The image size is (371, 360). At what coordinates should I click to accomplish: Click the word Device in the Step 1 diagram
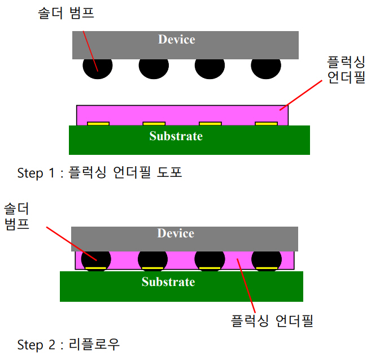click(x=176, y=40)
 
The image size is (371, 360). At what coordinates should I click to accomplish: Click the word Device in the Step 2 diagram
click(x=176, y=233)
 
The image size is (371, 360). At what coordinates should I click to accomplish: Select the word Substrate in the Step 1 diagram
click(x=176, y=136)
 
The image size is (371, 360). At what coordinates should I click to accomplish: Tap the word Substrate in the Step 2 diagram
click(x=168, y=282)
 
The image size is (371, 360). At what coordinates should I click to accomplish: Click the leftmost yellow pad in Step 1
click(x=98, y=123)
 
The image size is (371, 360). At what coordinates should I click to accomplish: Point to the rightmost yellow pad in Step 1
click(x=266, y=123)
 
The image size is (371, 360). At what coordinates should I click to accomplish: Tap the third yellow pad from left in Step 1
click(x=210, y=123)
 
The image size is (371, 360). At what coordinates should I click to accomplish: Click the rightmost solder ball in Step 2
click(x=265, y=259)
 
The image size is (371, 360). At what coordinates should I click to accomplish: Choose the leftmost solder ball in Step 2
click(x=96, y=259)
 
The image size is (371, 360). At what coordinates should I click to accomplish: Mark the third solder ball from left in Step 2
click(x=209, y=259)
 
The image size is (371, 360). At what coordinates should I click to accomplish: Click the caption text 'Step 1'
click(x=38, y=173)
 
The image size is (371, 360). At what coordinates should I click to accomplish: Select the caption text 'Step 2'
click(x=38, y=344)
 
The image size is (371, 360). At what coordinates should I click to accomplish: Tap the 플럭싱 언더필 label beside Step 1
click(x=346, y=70)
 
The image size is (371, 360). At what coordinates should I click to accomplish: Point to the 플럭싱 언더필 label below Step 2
click(x=272, y=321)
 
